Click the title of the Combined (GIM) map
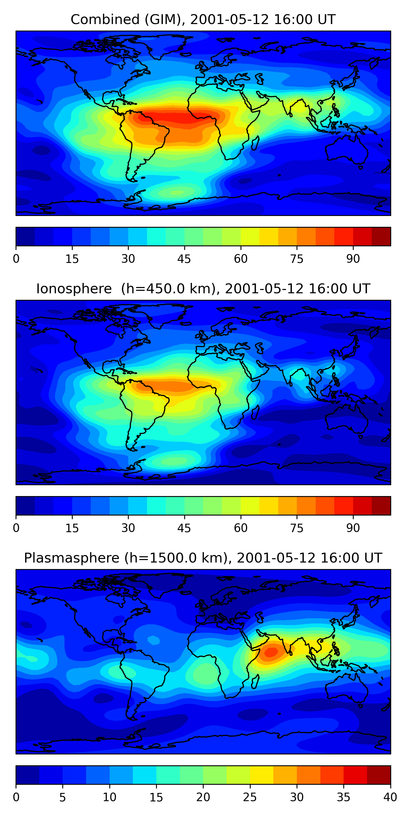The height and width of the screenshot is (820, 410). pyautogui.click(x=203, y=20)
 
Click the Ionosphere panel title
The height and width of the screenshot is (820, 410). pyautogui.click(x=203, y=289)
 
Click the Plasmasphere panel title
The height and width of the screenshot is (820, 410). pyautogui.click(x=203, y=558)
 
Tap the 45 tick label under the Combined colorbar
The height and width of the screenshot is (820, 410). pyautogui.click(x=184, y=259)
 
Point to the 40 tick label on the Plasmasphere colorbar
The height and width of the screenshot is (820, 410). pyautogui.click(x=390, y=797)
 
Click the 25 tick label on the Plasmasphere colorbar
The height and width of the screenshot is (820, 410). pyautogui.click(x=250, y=797)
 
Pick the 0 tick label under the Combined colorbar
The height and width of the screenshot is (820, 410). pyautogui.click(x=16, y=259)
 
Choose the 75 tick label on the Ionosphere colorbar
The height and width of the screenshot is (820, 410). pyautogui.click(x=297, y=528)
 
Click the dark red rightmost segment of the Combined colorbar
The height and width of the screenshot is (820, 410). pyautogui.click(x=381, y=236)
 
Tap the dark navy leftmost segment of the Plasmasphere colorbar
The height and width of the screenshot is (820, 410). pyautogui.click(x=27, y=775)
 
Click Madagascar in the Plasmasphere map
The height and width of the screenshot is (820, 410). pyautogui.click(x=255, y=681)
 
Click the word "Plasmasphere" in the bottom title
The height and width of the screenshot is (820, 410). pyautogui.click(x=72, y=558)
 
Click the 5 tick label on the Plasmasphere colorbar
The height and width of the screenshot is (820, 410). pyautogui.click(x=62, y=797)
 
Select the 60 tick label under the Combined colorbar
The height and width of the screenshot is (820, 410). pyautogui.click(x=240, y=259)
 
